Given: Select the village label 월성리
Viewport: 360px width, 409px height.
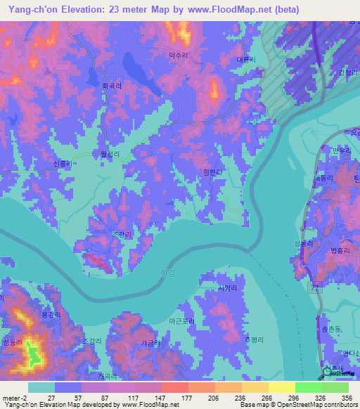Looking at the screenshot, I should pos(111,152).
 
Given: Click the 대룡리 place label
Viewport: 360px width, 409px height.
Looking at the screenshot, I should pos(246,60).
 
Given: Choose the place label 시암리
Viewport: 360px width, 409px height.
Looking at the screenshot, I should pos(227,288).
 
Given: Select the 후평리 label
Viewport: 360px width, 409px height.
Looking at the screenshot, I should pos(253,339).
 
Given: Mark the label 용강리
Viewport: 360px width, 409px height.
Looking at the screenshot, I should pos(51,316).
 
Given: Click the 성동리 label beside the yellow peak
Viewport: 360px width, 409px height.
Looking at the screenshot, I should pos(13,342).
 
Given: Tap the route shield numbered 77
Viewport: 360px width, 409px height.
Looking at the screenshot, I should pos(314,288).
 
